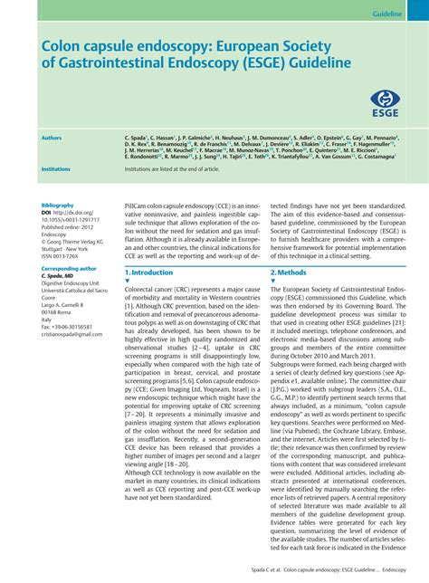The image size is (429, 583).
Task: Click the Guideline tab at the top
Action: tap(388, 15)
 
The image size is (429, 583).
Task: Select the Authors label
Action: tap(52, 138)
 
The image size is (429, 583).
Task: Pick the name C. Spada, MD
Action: tap(57, 275)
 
